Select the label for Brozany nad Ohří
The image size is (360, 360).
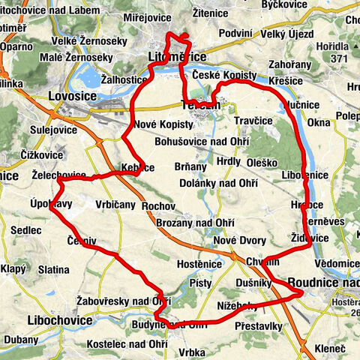196,223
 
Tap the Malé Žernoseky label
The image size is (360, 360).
77,57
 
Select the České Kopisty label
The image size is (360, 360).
224,76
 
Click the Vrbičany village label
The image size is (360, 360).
115,204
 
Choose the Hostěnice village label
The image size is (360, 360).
198,264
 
